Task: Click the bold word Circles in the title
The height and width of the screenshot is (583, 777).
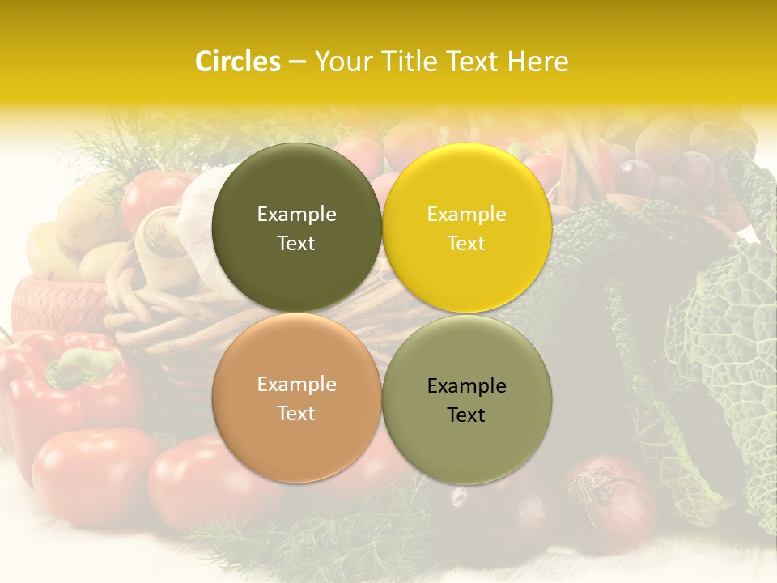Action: [x=238, y=62]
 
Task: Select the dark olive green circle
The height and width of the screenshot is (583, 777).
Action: [x=296, y=228]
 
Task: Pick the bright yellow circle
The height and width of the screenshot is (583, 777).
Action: [x=466, y=228]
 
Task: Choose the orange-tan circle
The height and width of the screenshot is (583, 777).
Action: [x=296, y=398]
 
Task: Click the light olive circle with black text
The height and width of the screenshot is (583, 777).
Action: [x=466, y=399]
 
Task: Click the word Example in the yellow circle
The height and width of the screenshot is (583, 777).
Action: [x=466, y=215]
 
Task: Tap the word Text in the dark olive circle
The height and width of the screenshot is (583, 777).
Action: [x=296, y=244]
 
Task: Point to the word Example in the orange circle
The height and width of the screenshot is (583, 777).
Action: [x=296, y=385]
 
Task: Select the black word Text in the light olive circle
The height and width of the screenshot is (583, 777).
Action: [x=466, y=415]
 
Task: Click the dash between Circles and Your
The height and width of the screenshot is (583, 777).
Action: [x=297, y=62]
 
